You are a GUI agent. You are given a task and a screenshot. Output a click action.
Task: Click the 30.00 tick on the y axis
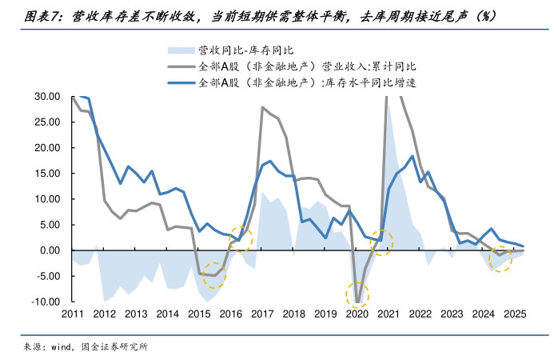pyautogui.click(x=48, y=96)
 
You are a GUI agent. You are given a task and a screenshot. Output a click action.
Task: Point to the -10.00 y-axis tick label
pyautogui.click(x=46, y=302)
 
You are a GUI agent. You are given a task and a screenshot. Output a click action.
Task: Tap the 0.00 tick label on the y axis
pyautogui.click(x=52, y=250)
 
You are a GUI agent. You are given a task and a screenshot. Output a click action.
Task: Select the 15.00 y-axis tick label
pyautogui.click(x=48, y=173)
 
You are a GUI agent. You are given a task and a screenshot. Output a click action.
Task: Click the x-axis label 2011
pyautogui.click(x=73, y=314)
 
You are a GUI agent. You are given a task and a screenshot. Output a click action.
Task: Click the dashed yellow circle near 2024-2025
pyautogui.click(x=500, y=259)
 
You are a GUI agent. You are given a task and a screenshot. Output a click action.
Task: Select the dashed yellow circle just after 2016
pyautogui.click(x=240, y=238)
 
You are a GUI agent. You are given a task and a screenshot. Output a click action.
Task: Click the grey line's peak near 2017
pyautogui.click(x=262, y=107)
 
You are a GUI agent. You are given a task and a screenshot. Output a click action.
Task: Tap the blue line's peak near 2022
pyautogui.click(x=412, y=157)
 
